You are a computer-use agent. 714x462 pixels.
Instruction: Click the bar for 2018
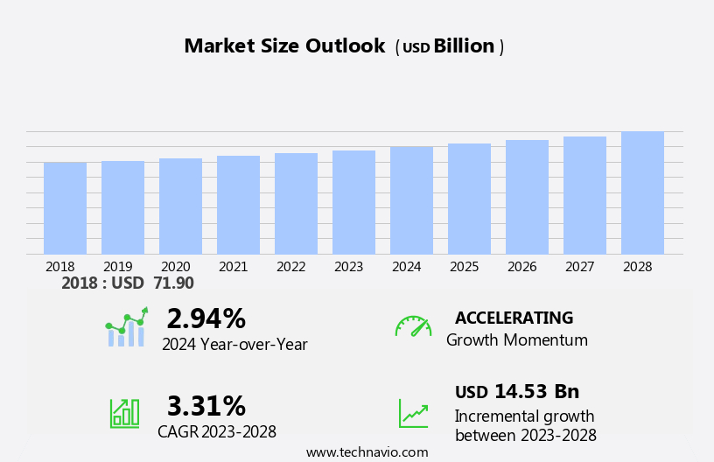pos(65,208)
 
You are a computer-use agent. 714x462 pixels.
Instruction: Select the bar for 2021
pos(238,205)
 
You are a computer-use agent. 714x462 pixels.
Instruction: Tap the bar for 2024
pos(411,200)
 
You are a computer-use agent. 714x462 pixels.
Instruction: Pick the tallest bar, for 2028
pos(642,192)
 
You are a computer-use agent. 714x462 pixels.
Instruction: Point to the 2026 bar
pos(527,197)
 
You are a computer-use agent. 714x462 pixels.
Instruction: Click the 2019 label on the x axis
pos(118,267)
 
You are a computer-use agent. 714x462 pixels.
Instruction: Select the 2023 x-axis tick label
pos(349,267)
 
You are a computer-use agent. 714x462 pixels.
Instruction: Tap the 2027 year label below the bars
pos(580,267)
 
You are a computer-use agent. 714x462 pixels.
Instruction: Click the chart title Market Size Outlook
pos(284,46)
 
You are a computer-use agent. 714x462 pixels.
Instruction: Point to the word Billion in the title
pos(464,46)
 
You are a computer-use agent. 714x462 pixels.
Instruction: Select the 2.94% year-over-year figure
pos(206,318)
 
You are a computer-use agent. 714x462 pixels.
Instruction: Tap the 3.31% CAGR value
pos(206,406)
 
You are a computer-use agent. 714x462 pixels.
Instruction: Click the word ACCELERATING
pos(514,318)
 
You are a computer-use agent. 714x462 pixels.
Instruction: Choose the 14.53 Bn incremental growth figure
pos(536,392)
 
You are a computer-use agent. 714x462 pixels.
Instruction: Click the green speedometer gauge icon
pos(413,326)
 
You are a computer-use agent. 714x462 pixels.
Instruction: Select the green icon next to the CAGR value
pos(124,412)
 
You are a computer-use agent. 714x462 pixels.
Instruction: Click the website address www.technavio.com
pos(367,452)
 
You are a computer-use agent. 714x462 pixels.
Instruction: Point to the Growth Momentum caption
pos(516,340)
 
